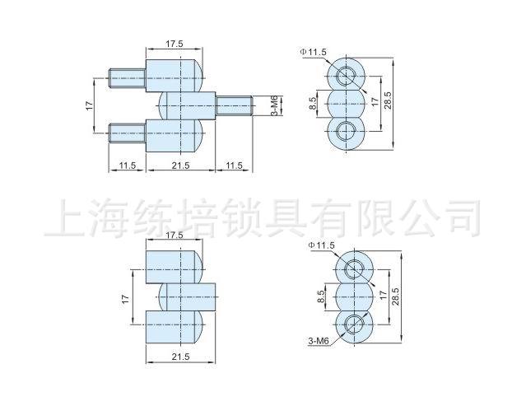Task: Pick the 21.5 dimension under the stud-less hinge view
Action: tap(180, 356)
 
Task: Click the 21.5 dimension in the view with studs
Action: tap(180, 166)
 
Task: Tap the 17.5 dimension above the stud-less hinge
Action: tap(174, 236)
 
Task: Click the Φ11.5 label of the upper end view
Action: tap(313, 53)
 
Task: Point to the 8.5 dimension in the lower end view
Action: tap(322, 294)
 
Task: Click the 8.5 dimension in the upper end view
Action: tap(314, 104)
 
